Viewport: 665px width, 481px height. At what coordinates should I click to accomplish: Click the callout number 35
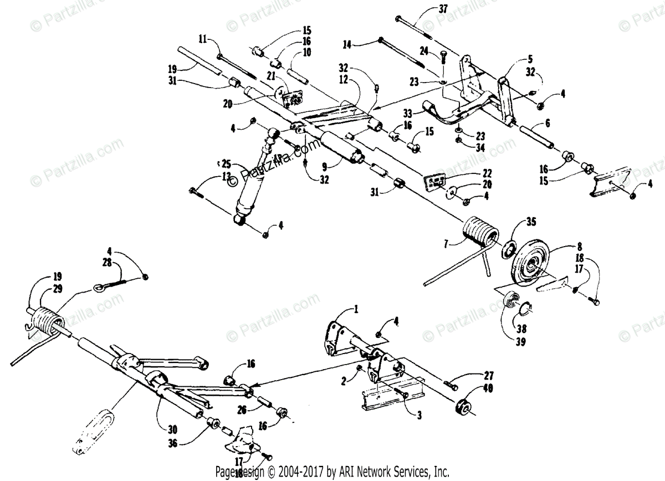[531, 224]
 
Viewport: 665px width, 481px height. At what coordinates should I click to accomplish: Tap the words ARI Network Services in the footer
[388, 472]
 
